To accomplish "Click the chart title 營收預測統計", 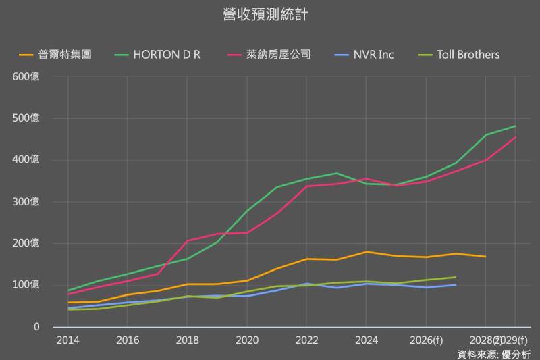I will click(265, 14).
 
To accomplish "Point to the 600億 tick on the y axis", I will click(26, 76).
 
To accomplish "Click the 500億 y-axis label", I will click(26, 118).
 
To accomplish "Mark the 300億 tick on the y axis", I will click(26, 202).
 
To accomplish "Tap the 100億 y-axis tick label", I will click(26, 285).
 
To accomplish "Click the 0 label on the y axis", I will click(37, 327).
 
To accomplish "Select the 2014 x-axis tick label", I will click(67, 340).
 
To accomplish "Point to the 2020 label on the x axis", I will click(247, 340).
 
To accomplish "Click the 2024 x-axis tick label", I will click(366, 340).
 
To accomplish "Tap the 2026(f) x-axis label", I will click(426, 340).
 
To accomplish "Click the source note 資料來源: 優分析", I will click(493, 353).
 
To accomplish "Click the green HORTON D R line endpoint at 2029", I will click(516, 126).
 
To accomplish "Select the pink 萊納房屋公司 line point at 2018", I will click(187, 241).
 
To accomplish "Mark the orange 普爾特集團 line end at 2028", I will click(485, 257).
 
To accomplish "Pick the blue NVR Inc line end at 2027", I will click(456, 285).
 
